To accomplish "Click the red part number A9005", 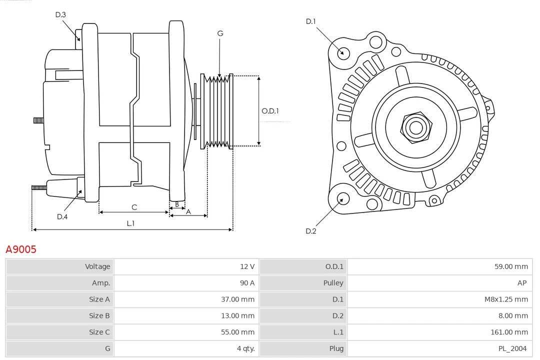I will click(21, 249).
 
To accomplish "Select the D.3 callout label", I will click(60, 14).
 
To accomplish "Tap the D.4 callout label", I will click(62, 216).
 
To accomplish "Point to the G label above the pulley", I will click(220, 33).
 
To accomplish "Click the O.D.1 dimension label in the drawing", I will click(270, 111).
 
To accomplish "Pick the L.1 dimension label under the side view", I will click(130, 223).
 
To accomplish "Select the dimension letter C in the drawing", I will click(134, 207).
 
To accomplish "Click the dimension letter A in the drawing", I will click(188, 211).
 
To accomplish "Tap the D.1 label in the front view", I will click(311, 21).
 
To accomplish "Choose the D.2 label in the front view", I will click(311, 231).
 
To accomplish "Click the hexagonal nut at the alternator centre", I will click(415, 127).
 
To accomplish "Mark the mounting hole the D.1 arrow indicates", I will click(343, 52).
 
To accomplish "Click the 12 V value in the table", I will click(247, 266).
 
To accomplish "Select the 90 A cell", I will click(247, 283).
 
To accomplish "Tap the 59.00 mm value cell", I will click(511, 266).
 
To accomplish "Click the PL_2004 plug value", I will click(512, 348).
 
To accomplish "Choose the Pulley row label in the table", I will click(333, 283).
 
